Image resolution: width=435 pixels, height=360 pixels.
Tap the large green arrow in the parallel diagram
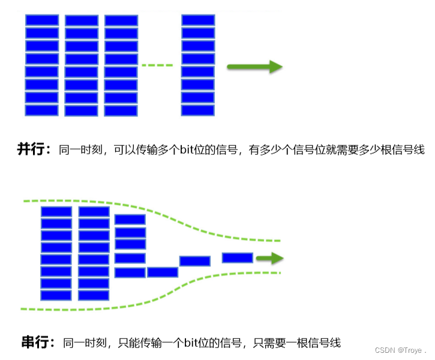coord(254,67)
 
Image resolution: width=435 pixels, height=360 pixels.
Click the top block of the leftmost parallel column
coord(41,20)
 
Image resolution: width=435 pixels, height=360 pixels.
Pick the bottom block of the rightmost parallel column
coord(198,110)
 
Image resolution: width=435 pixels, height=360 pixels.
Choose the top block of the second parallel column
coord(81,20)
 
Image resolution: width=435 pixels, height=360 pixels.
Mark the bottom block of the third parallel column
coord(121,110)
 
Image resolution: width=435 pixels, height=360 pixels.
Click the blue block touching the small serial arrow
coord(238,257)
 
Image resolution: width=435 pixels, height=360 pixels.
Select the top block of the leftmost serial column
coord(56,211)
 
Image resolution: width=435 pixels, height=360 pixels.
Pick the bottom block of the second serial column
coord(94,295)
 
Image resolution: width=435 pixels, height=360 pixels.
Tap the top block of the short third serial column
coord(130,220)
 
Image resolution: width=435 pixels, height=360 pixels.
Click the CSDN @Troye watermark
coord(399,350)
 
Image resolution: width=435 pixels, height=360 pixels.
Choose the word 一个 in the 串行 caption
coord(167,343)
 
